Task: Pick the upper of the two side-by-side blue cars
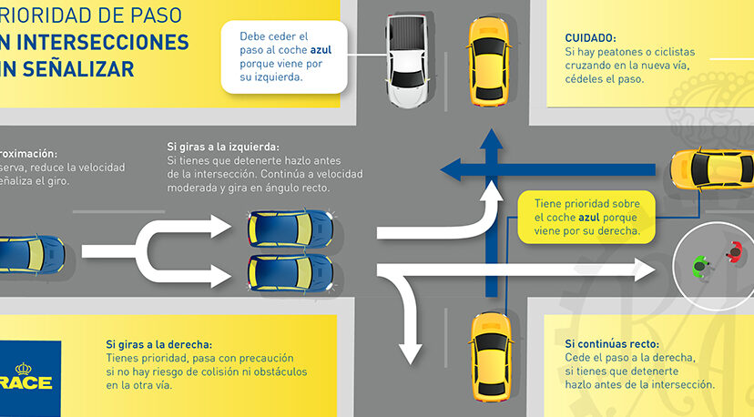290,229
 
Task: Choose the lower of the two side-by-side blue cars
290,270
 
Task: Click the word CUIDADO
590,38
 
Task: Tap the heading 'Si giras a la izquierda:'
223,146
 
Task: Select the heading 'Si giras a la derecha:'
159,344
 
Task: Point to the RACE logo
27,381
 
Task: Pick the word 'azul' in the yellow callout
589,219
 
